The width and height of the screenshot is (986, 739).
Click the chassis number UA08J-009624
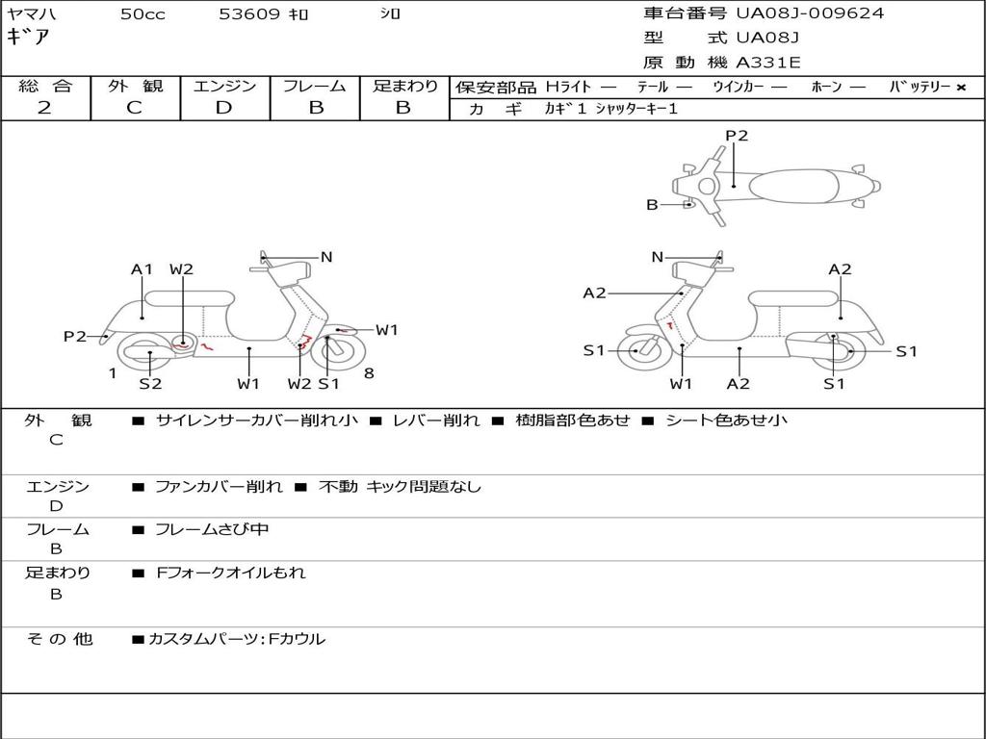810,13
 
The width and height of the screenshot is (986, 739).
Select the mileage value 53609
249,14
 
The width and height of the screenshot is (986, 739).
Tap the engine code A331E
768,63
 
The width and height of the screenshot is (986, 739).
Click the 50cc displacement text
143,14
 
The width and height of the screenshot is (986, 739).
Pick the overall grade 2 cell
44,108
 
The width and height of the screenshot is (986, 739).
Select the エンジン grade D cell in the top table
224,108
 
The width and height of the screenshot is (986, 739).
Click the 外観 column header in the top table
135,86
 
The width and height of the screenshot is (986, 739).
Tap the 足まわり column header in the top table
404,86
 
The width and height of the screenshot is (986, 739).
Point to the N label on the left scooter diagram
326,257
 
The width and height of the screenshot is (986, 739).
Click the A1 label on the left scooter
143,269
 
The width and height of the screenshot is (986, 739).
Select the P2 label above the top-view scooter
737,136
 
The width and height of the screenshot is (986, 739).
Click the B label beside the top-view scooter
652,205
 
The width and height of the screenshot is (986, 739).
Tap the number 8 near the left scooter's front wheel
369,373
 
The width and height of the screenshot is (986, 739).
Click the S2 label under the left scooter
150,384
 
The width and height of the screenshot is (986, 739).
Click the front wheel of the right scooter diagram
636,350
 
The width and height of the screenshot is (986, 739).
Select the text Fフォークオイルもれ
231,573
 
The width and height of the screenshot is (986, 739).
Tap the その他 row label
59,638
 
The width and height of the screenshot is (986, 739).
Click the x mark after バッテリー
960,87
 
